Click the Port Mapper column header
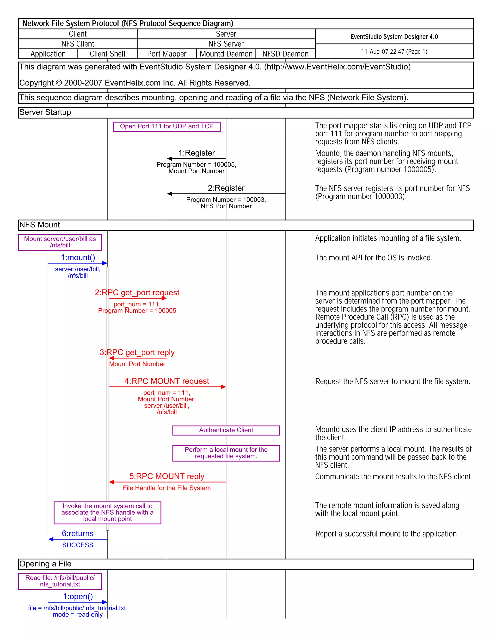coord(166,54)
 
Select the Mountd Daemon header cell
coord(226,54)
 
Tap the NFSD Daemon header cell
coord(285,54)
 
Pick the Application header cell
coord(48,54)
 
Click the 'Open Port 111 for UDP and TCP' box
coord(167,127)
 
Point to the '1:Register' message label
coord(197,153)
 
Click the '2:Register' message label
coord(226,188)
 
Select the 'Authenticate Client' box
coord(226,430)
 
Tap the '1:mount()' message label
coord(78,257)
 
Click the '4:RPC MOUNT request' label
coord(167,381)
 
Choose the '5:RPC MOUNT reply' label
coord(167,476)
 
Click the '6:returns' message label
coord(78,533)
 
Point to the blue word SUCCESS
coord(78,545)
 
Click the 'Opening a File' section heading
coord(45,564)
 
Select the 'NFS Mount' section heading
coord(39,225)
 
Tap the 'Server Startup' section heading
coord(45,112)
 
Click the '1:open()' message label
coord(78,596)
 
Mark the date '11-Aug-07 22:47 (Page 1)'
coord(394,52)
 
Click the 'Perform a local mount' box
coord(226,453)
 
